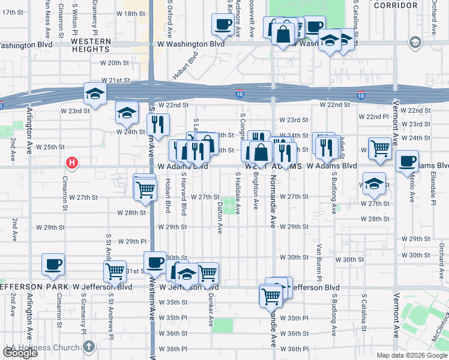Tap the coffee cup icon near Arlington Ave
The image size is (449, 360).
(x=53, y=264)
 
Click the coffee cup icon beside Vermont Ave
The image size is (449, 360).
(x=408, y=161)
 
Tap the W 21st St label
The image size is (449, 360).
(x=116, y=80)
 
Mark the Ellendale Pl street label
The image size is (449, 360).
(x=432, y=188)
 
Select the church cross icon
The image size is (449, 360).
(x=89, y=347)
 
